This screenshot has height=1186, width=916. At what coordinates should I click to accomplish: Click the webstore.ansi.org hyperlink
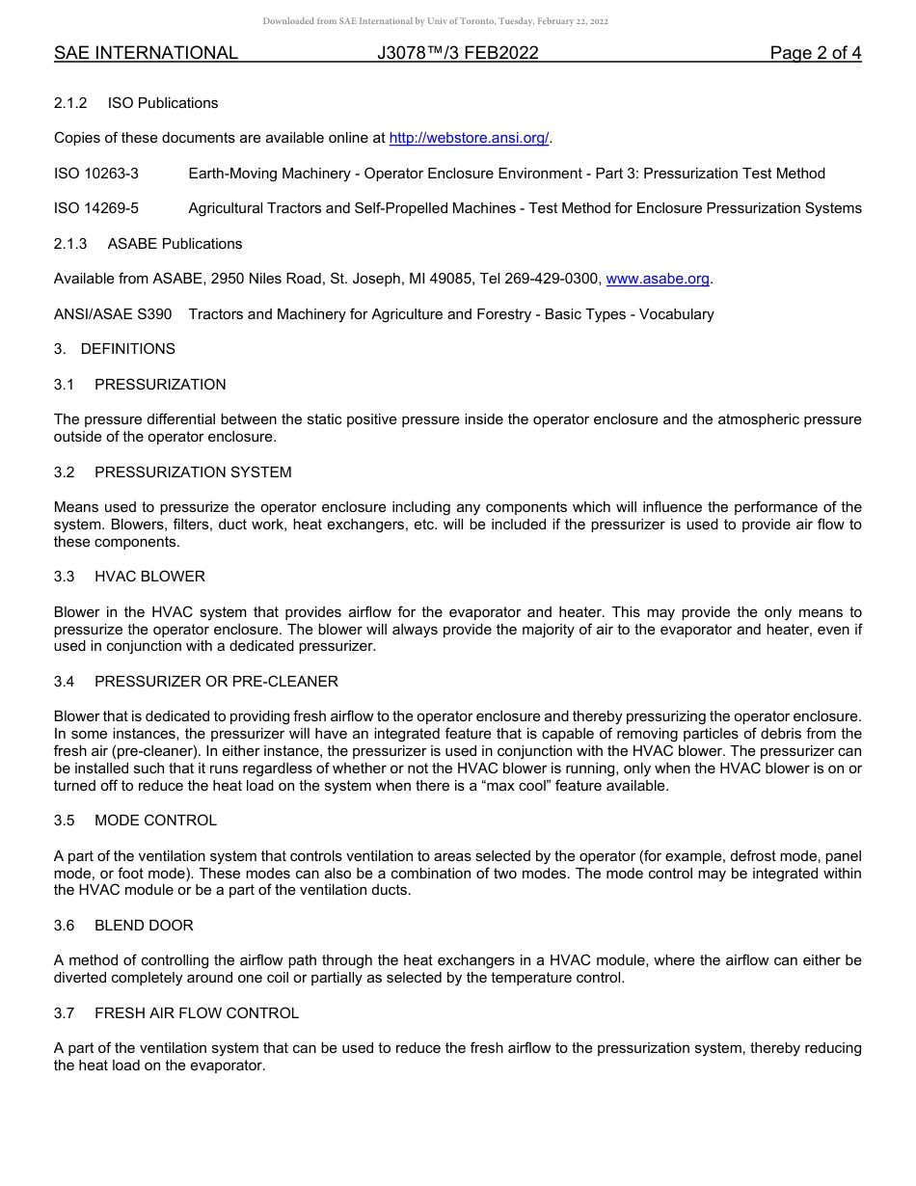coord(469,139)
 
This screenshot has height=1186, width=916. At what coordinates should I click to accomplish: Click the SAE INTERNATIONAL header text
coord(146,54)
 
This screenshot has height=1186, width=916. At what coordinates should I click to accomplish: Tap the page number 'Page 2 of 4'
coord(815,54)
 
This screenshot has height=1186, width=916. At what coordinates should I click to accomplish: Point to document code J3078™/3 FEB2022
coord(458,54)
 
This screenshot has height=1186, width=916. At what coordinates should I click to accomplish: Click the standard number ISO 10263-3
coord(96,174)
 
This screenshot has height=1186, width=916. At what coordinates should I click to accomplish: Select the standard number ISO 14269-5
coord(96,208)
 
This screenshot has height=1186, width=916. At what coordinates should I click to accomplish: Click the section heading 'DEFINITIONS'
coord(128,349)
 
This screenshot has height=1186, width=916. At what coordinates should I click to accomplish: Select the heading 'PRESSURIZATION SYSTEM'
coord(193,472)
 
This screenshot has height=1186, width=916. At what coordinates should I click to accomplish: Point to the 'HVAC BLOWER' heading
coord(149,577)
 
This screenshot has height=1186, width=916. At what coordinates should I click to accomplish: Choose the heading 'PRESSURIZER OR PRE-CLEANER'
coord(216,682)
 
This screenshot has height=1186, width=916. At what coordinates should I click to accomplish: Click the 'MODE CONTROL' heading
coord(155,821)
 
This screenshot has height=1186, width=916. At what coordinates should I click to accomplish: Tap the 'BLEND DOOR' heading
coord(144,926)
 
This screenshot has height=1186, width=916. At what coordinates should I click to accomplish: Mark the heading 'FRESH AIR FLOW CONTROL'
coord(197,1013)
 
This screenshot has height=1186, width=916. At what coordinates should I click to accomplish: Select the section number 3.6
coord(65,926)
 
